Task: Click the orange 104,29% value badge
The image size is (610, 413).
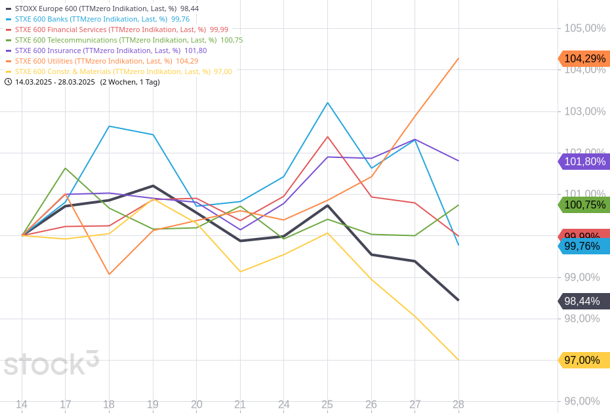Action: point(584,58)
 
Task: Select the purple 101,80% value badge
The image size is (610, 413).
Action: point(584,161)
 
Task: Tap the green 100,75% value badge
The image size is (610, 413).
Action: point(584,205)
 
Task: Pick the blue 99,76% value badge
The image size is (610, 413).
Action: point(584,246)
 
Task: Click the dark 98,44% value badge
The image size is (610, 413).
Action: point(584,301)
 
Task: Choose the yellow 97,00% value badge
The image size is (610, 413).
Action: point(584,360)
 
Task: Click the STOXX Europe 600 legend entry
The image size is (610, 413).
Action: point(102,9)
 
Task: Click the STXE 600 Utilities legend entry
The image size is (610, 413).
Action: point(102,61)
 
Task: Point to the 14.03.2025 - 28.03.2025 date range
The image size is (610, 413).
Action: point(55,82)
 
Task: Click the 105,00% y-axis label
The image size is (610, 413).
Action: point(584,28)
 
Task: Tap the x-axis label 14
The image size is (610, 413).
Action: point(22,404)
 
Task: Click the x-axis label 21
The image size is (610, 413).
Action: point(240,404)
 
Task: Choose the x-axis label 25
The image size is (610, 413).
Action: point(327,404)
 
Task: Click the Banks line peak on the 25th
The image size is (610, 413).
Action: point(327,102)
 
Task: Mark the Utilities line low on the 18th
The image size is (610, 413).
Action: point(109,274)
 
